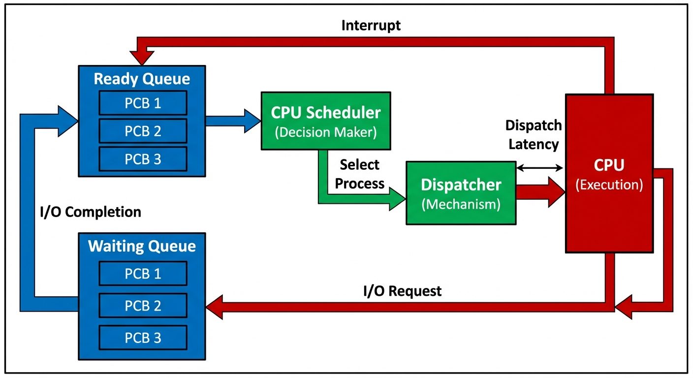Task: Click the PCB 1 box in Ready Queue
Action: [x=143, y=103]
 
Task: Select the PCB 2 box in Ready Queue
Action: [x=143, y=131]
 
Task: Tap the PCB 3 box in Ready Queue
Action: [x=143, y=159]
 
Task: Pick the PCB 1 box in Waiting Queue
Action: [x=143, y=274]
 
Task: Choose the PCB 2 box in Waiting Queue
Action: [x=143, y=306]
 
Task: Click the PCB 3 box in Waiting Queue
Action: [x=143, y=338]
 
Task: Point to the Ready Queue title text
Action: [x=142, y=79]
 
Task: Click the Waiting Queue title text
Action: [x=142, y=246]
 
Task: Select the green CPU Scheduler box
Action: [x=326, y=121]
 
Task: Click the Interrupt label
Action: [x=371, y=26]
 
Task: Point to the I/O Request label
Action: [x=402, y=291]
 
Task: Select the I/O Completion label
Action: [x=90, y=212]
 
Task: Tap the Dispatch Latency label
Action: [x=534, y=135]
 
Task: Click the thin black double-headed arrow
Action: [x=540, y=168]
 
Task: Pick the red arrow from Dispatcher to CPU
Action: [x=540, y=192]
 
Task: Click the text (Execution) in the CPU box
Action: [x=609, y=185]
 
